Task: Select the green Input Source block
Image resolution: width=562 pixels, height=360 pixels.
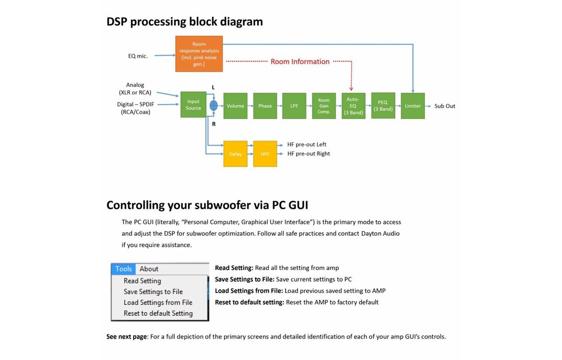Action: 193,105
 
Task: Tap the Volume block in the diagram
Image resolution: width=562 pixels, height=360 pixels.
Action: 235,106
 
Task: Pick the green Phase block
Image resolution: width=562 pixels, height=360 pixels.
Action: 265,106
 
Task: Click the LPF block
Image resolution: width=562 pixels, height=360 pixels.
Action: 294,106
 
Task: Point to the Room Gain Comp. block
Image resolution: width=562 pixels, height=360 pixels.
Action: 324,106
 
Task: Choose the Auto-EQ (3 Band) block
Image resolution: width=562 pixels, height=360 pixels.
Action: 353,106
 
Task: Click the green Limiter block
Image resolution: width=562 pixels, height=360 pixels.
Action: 413,106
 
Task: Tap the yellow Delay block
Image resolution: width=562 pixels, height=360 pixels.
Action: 235,154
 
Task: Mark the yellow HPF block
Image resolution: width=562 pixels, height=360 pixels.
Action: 265,154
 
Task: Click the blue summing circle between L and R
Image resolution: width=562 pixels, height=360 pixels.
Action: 214,106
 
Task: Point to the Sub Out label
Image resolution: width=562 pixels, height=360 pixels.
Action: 445,106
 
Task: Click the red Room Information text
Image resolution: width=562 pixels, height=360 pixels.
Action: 300,61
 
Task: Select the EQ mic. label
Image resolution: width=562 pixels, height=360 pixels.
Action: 138,56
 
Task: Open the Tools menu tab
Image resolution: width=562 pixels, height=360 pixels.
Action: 124,269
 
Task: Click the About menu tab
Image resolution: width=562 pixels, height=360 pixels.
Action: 149,269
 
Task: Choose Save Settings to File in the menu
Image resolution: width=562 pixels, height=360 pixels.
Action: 153,291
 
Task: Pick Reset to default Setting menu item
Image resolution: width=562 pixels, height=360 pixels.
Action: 158,313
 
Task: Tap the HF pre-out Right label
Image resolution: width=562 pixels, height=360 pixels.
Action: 309,154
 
